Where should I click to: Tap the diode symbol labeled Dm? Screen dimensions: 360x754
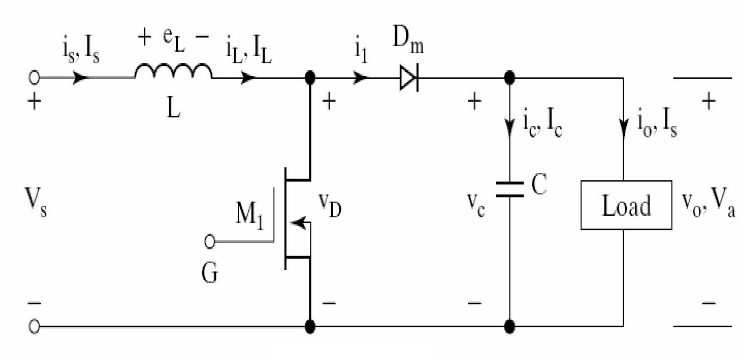pyautogui.click(x=409, y=78)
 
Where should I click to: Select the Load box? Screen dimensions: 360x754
pyautogui.click(x=626, y=205)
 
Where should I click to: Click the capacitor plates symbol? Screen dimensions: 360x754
pyautogui.click(x=509, y=189)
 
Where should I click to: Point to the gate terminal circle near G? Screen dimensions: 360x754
pyautogui.click(x=210, y=242)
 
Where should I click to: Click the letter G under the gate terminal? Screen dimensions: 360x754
pyautogui.click(x=210, y=273)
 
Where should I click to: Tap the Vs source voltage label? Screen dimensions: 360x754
pyautogui.click(x=36, y=203)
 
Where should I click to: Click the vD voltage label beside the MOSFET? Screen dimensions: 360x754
pyautogui.click(x=329, y=205)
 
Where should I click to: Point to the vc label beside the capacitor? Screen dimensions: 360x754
pyautogui.click(x=475, y=205)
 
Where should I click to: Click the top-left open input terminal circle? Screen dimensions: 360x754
pyautogui.click(x=34, y=78)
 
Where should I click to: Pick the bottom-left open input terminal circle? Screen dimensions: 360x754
pyautogui.click(x=34, y=326)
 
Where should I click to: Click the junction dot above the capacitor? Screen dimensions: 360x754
pyautogui.click(x=509, y=77)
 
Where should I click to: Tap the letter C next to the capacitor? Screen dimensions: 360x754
pyautogui.click(x=539, y=184)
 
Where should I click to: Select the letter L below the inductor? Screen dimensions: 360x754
pyautogui.click(x=173, y=108)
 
